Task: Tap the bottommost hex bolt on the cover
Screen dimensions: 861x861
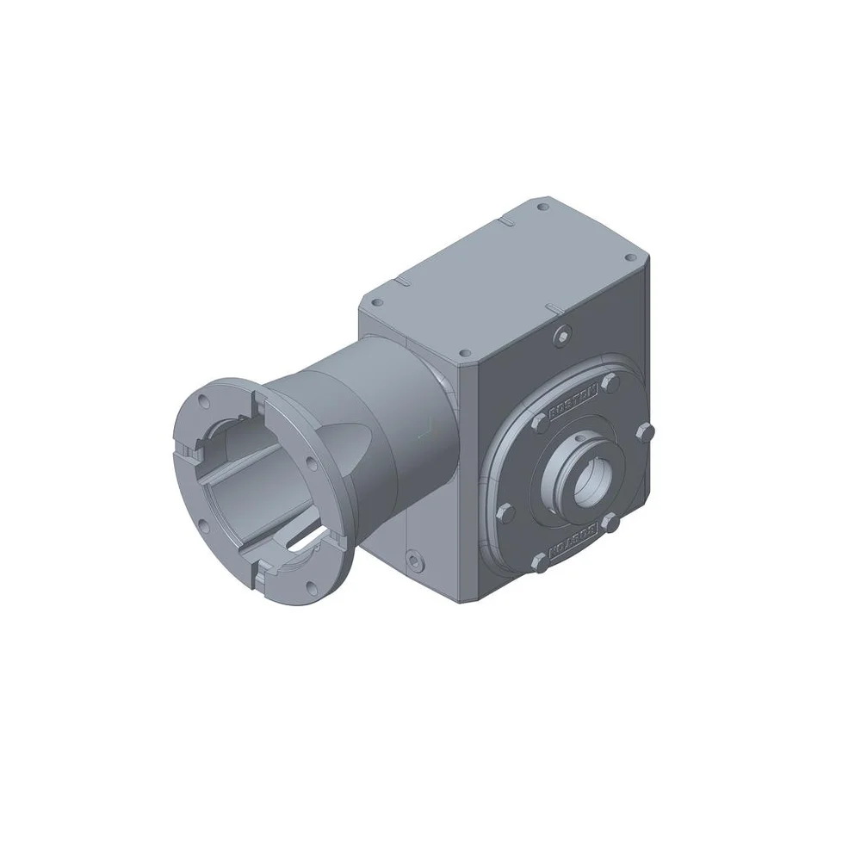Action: click(539, 564)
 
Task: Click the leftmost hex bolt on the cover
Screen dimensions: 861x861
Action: click(506, 514)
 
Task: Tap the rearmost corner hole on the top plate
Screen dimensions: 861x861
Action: click(542, 207)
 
